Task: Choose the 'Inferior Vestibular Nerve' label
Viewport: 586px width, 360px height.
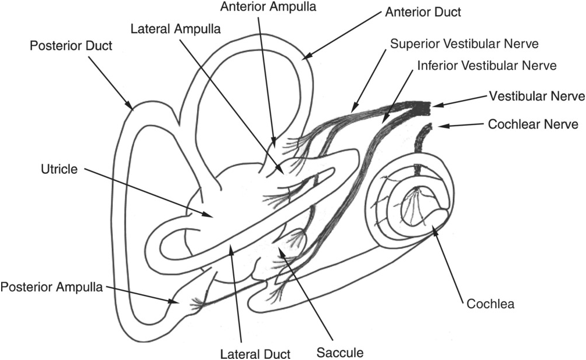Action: pos(487,66)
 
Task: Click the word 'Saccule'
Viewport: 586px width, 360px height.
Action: pos(340,352)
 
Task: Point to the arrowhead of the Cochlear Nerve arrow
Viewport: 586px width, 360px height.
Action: pos(441,126)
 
